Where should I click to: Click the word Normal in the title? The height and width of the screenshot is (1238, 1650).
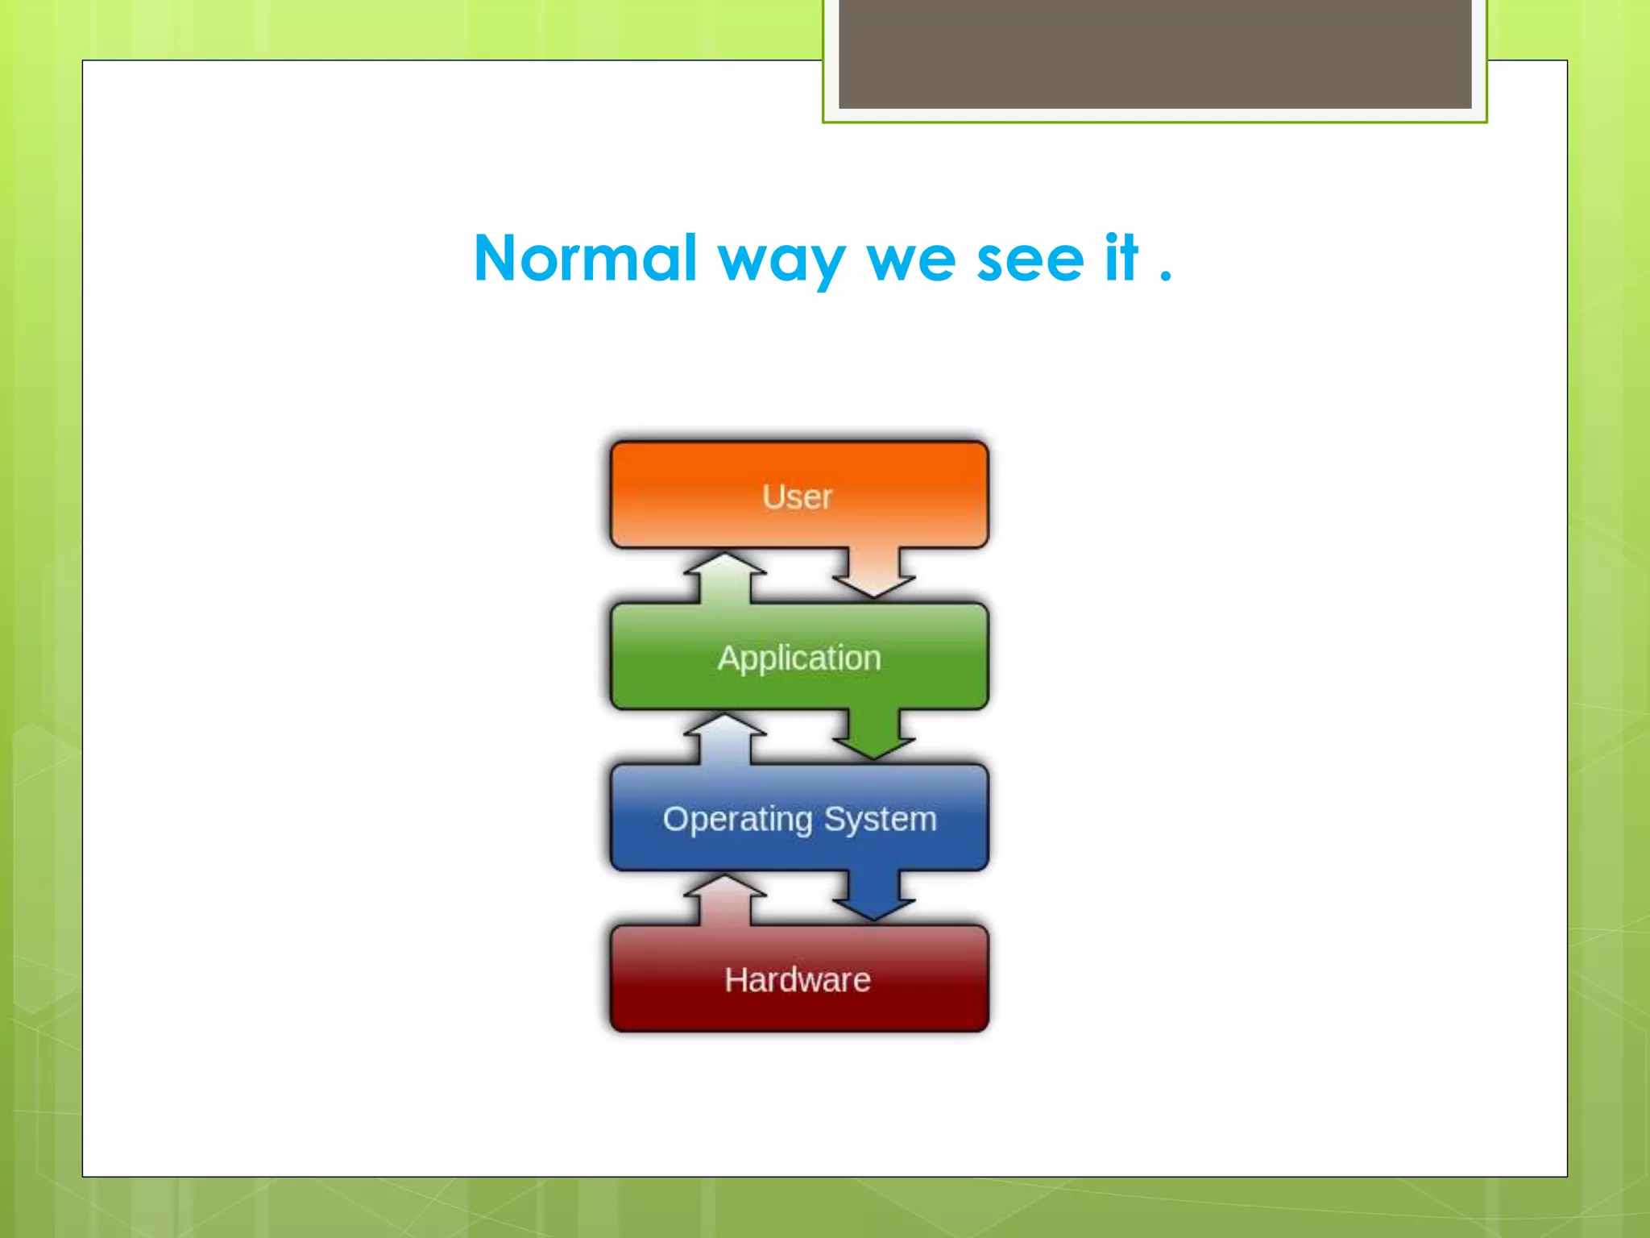[585, 258]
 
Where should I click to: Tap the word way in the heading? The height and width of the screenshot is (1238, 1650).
[781, 261]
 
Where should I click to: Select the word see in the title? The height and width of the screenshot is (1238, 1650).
[1030, 260]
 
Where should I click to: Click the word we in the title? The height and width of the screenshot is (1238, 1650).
[910, 261]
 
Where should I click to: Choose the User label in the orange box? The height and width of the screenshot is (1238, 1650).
[797, 496]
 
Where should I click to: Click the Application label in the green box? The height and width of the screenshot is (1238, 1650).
[799, 658]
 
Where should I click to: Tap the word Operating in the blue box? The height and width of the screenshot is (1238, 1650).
[737, 820]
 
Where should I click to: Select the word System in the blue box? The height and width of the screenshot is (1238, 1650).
[880, 819]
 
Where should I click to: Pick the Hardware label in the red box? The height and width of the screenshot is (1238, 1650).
[798, 980]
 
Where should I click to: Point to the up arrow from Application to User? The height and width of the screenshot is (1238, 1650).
[725, 577]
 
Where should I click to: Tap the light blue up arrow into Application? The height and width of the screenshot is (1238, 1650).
[725, 738]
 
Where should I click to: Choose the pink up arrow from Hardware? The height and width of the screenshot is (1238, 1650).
[725, 899]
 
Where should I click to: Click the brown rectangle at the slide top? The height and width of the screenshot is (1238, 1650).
[1155, 53]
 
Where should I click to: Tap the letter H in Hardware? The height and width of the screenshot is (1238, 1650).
[734, 980]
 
